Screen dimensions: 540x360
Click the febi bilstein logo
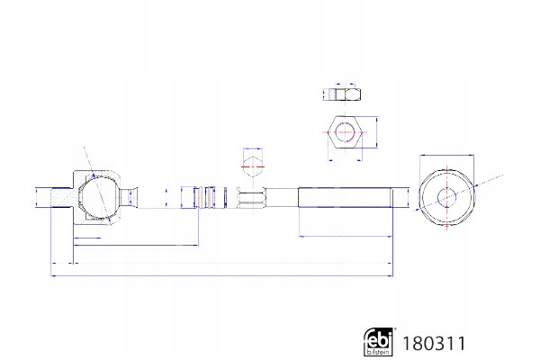click(379, 341)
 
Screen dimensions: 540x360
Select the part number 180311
click(434, 344)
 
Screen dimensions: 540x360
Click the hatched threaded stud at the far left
click(61, 197)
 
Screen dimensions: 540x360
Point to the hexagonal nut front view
click(345, 132)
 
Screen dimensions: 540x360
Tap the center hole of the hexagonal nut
click(345, 132)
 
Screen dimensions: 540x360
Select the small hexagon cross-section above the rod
click(253, 166)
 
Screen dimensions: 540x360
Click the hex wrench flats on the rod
click(252, 198)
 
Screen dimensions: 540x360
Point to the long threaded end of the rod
click(345, 197)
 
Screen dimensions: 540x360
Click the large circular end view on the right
click(446, 197)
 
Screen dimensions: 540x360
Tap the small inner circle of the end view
click(446, 197)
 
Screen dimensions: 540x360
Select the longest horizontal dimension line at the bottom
click(221, 275)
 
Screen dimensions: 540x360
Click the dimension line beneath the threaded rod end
click(346, 237)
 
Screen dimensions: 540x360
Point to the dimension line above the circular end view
click(446, 156)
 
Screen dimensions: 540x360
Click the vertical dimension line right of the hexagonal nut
click(376, 132)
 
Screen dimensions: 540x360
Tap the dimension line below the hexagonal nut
click(345, 160)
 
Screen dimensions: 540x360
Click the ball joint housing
click(97, 197)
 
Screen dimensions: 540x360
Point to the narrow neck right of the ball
click(128, 197)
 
